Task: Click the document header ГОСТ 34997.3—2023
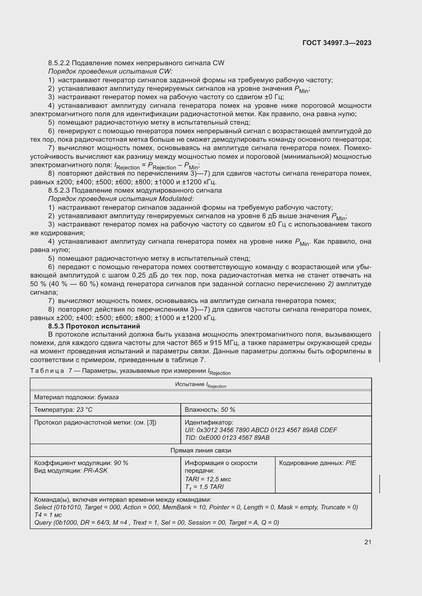click(337, 43)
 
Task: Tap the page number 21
click(368, 542)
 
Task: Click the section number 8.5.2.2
click(59, 63)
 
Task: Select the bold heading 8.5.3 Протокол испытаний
click(94, 326)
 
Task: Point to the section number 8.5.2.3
click(59, 190)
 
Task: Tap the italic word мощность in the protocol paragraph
click(220, 334)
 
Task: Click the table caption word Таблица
click(47, 371)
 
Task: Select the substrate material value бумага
click(108, 397)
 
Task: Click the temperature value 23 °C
click(84, 410)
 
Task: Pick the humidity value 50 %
click(228, 410)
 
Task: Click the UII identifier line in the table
click(261, 430)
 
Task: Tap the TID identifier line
click(227, 438)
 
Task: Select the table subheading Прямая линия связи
click(201, 450)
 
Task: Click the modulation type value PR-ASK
click(95, 471)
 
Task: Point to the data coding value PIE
click(351, 463)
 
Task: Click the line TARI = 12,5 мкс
click(208, 479)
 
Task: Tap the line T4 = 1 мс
click(48, 515)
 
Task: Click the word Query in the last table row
click(43, 523)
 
